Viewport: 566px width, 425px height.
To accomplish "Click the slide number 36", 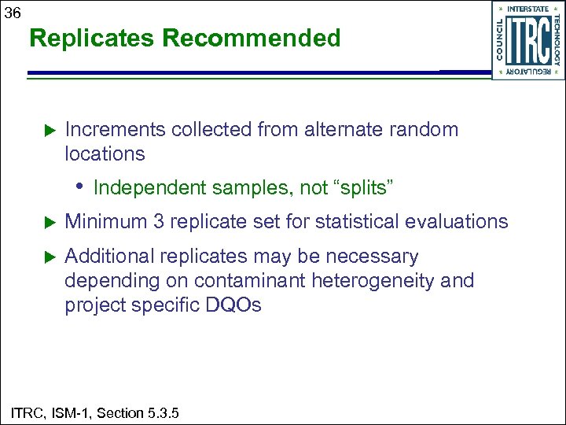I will click(12, 11).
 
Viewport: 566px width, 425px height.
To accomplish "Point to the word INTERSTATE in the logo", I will click(527, 8).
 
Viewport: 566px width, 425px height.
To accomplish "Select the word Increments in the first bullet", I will click(114, 130).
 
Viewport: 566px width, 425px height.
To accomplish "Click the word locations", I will click(105, 153).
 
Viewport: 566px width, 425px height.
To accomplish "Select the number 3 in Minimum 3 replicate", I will click(159, 222).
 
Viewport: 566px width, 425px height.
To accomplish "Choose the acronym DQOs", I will click(233, 305).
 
